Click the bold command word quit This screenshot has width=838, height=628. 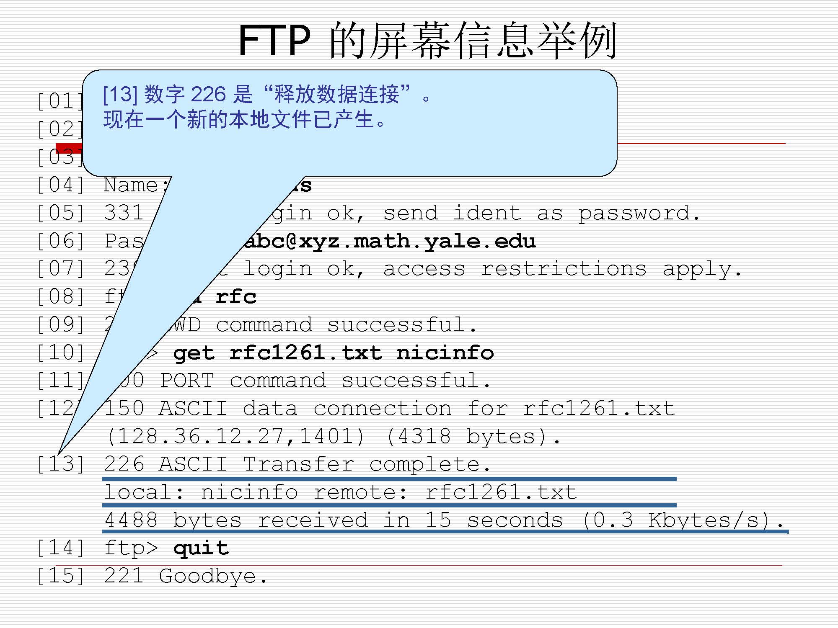(x=201, y=548)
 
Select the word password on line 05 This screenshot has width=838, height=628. (x=638, y=214)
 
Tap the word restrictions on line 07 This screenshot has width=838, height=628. (x=564, y=269)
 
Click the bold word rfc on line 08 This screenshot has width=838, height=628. (x=236, y=297)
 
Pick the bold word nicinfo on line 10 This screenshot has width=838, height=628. (x=445, y=353)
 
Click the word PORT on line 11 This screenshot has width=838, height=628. (x=187, y=381)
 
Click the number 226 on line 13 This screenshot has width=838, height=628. (x=124, y=464)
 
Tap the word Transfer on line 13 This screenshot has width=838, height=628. (x=299, y=464)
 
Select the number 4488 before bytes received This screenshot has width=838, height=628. (x=131, y=520)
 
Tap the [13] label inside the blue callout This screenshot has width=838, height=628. (x=120, y=94)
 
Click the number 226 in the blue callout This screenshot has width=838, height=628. (x=208, y=94)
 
